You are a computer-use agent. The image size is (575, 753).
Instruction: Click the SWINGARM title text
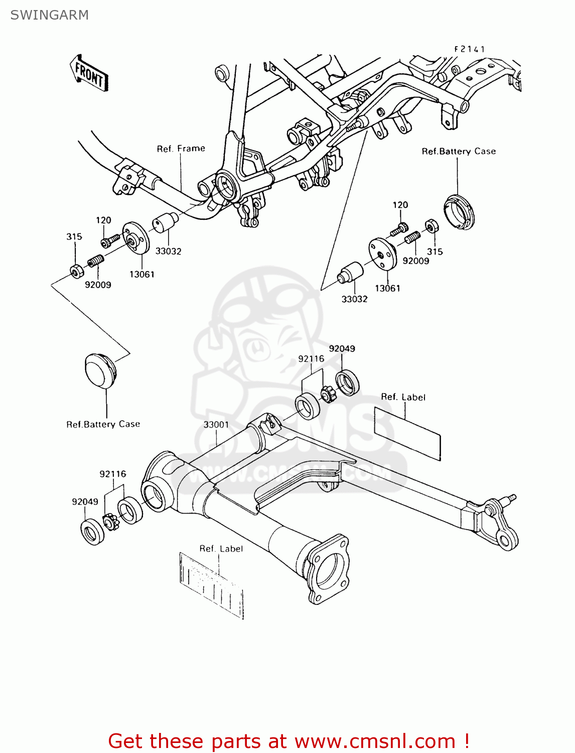coord(49,15)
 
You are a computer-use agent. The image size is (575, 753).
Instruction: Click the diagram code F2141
coord(470,49)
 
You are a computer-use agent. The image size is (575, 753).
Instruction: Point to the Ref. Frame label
coord(181,149)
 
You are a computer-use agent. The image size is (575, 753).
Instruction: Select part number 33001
coord(216,425)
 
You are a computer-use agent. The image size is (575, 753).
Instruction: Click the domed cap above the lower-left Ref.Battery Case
coord(100,370)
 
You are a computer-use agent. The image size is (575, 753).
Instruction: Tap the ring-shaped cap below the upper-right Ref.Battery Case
coord(459,211)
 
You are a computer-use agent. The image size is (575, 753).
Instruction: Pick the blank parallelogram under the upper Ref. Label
coord(407,433)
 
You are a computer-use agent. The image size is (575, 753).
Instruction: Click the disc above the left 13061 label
coord(136,238)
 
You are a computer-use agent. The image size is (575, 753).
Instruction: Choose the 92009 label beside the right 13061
coord(416,261)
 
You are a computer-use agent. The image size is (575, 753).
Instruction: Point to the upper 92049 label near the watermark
coord(342,349)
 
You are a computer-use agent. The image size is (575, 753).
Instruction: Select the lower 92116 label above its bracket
coord(113,474)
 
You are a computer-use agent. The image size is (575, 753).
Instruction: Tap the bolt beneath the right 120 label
coord(399,229)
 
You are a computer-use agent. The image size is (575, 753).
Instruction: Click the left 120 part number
coord(103,220)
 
